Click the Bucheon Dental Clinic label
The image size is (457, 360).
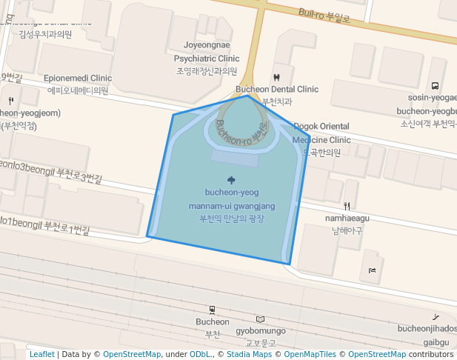pyautogui.click(x=276, y=90)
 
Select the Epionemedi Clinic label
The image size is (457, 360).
pyautogui.click(x=78, y=78)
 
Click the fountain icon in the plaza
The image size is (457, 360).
pyautogui.click(x=232, y=179)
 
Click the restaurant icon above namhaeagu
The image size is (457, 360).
pyautogui.click(x=347, y=205)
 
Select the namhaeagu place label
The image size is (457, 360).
pyautogui.click(x=347, y=219)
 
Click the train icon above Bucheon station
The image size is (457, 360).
pyautogui.click(x=213, y=310)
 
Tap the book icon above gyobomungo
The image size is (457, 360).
pyautogui.click(x=259, y=319)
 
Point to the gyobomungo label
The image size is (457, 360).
pyautogui.click(x=260, y=330)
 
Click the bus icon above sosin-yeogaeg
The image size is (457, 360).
pyautogui.click(x=435, y=86)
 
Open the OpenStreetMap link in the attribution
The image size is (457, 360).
pyautogui.click(x=131, y=354)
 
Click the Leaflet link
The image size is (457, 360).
pyautogui.click(x=41, y=354)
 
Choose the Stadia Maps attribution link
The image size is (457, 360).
pyautogui.click(x=249, y=354)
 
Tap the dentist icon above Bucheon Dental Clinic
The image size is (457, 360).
pyautogui.click(x=276, y=76)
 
